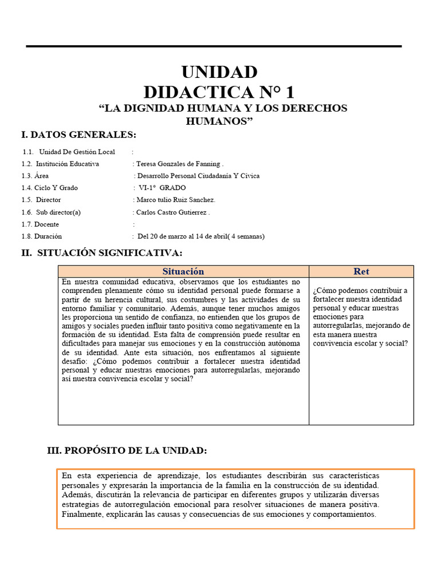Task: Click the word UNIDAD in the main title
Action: (219, 73)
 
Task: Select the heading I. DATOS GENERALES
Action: (78, 135)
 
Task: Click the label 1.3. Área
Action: (35, 176)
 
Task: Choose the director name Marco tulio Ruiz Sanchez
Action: (175, 200)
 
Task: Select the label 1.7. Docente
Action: (40, 224)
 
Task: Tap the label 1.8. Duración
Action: (42, 236)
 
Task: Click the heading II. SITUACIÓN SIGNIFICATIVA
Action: (101, 253)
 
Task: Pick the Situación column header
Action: (183, 272)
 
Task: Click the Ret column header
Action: (361, 272)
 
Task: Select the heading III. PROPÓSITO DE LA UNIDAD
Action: (127, 452)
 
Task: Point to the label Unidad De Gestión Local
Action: (77, 152)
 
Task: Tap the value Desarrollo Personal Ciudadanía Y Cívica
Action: (198, 176)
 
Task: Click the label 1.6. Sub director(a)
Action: (51, 212)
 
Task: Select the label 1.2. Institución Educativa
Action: (60, 164)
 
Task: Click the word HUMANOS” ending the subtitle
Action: (219, 121)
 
